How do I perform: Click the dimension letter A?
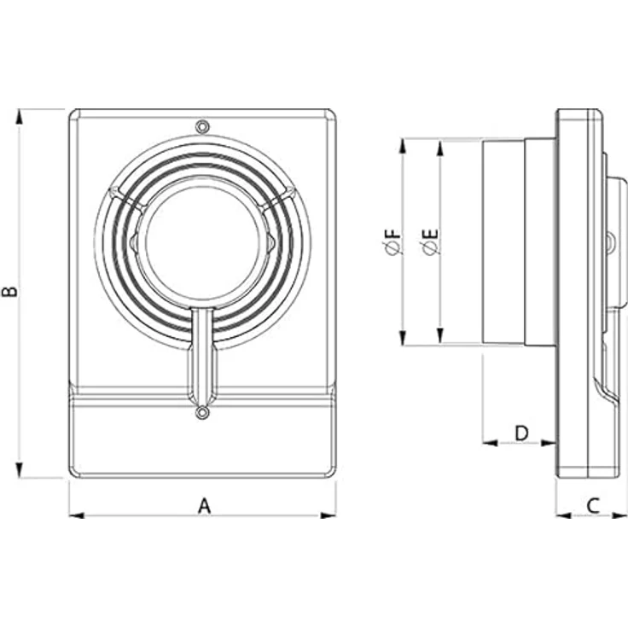tap(204, 505)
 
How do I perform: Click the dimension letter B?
tap(10, 291)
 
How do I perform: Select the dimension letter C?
tap(593, 505)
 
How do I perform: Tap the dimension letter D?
tap(521, 433)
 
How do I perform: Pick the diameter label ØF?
tap(392, 242)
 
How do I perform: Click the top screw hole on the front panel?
tap(203, 126)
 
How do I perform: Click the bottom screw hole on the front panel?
tap(203, 412)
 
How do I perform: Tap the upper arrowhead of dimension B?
tap(19, 117)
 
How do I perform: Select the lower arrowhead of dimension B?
tap(19, 470)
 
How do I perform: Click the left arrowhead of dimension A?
tap(77, 515)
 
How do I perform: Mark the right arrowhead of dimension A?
tap(329, 515)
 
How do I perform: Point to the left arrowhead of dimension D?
tap(490, 443)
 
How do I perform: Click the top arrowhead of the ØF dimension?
tap(403, 146)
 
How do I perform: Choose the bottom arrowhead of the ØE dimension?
tap(440, 335)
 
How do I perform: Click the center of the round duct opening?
tap(203, 244)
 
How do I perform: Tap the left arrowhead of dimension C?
tap(563, 515)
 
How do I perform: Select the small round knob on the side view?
tap(610, 242)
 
